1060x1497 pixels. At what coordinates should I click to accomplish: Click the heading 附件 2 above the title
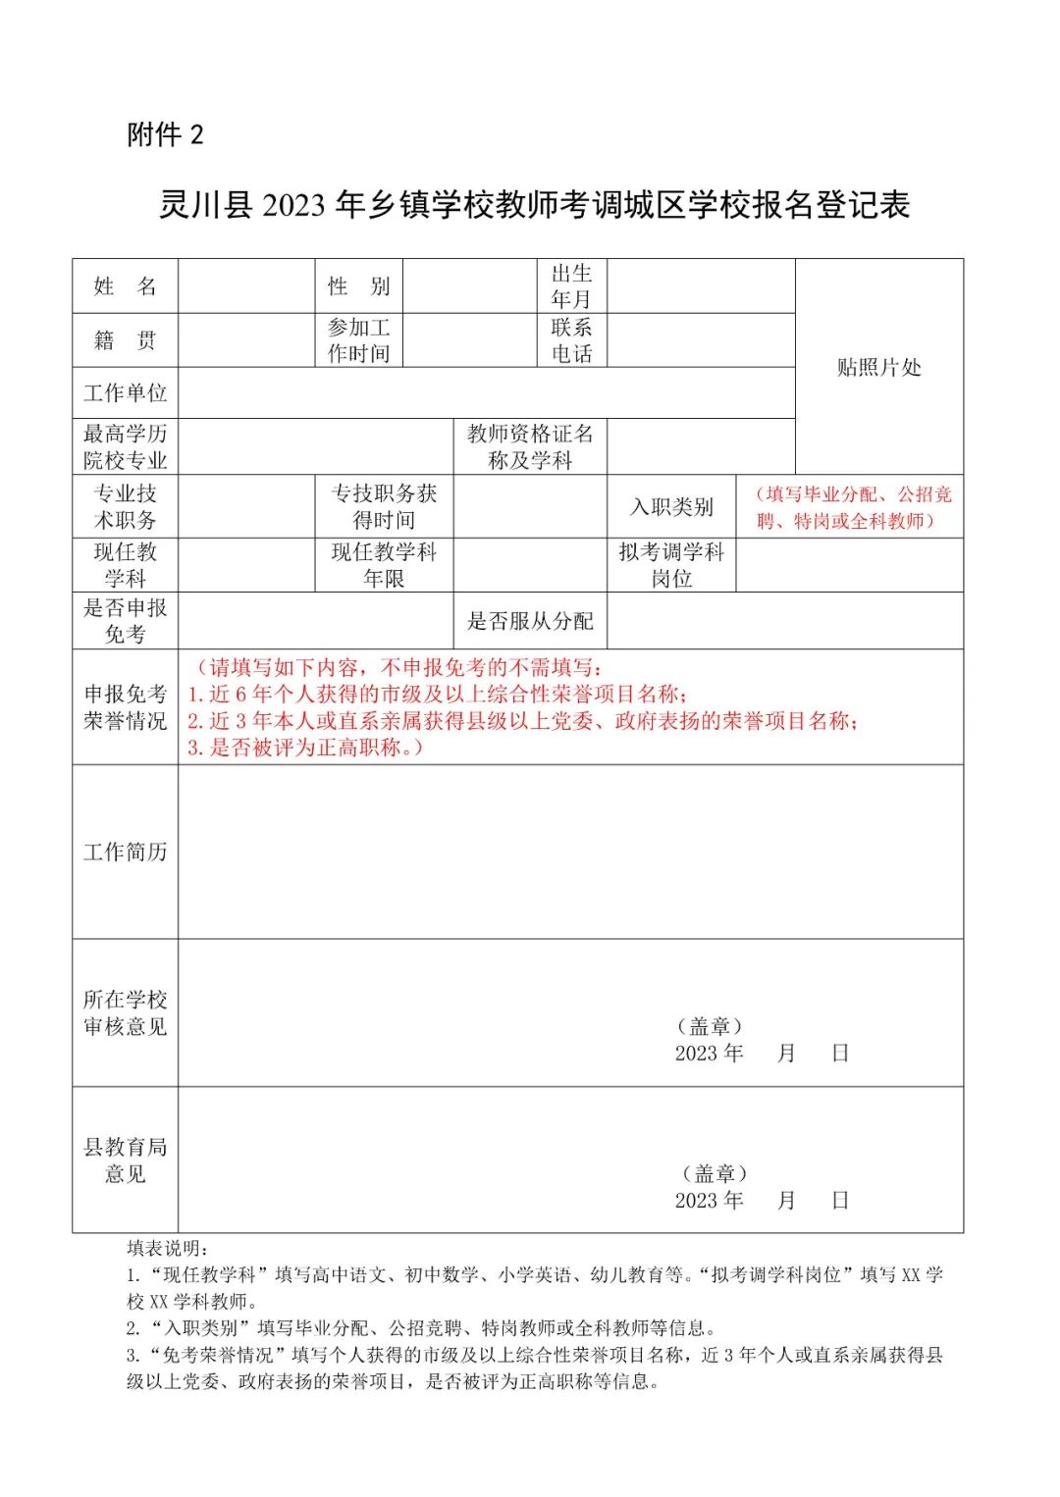[x=165, y=134]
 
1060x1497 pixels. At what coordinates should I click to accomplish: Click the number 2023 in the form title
[x=294, y=205]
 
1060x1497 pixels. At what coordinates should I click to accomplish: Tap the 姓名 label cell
[x=125, y=286]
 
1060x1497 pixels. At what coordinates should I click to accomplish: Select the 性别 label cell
[x=358, y=286]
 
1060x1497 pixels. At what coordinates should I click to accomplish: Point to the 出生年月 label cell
[x=571, y=286]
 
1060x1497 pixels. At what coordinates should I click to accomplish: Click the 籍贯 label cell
[x=125, y=340]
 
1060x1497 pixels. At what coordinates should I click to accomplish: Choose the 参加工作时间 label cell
[x=358, y=340]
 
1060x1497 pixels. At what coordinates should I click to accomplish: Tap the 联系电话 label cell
[x=571, y=340]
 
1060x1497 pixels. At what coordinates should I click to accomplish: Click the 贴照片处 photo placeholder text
[x=878, y=368]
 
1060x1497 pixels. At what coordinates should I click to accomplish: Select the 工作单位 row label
[x=125, y=393]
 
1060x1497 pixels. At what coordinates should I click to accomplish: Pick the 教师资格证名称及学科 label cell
[x=530, y=446]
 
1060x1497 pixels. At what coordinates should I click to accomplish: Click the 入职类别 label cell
[x=671, y=507]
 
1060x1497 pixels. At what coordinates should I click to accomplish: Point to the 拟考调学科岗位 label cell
[x=671, y=565]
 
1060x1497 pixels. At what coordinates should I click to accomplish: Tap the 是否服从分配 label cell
[x=530, y=621]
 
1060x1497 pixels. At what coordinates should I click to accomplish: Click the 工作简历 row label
[x=125, y=852]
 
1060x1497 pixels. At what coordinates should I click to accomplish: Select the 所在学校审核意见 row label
[x=125, y=1012]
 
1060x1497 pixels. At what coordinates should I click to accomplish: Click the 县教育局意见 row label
[x=125, y=1160]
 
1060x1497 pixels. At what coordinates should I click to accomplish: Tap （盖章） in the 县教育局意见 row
[x=715, y=1173]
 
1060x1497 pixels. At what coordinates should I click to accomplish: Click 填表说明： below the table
[x=168, y=1248]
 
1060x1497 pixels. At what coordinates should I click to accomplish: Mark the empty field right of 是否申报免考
[x=315, y=621]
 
